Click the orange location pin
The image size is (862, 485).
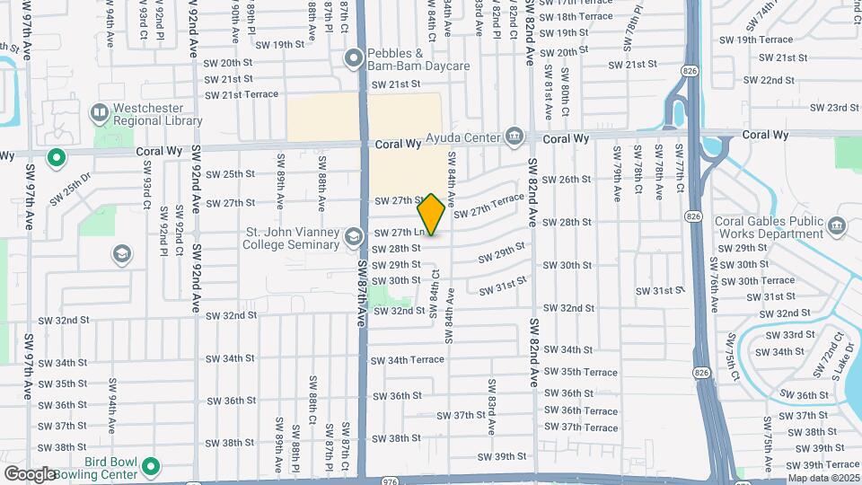(x=431, y=215)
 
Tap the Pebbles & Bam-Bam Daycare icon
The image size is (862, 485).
(x=355, y=59)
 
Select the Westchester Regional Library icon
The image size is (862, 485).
(x=100, y=113)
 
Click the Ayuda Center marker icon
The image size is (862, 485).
(x=514, y=137)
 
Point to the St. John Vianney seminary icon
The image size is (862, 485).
(x=353, y=237)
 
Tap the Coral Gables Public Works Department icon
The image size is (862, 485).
(x=839, y=225)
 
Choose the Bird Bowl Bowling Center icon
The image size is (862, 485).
(x=151, y=467)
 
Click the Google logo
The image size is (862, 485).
(x=31, y=473)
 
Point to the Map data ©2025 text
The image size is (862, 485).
(x=822, y=478)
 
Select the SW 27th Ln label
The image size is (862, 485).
(x=399, y=233)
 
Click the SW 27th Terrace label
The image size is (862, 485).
(x=488, y=204)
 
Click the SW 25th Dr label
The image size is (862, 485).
(x=71, y=190)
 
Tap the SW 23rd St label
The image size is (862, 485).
(x=834, y=108)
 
